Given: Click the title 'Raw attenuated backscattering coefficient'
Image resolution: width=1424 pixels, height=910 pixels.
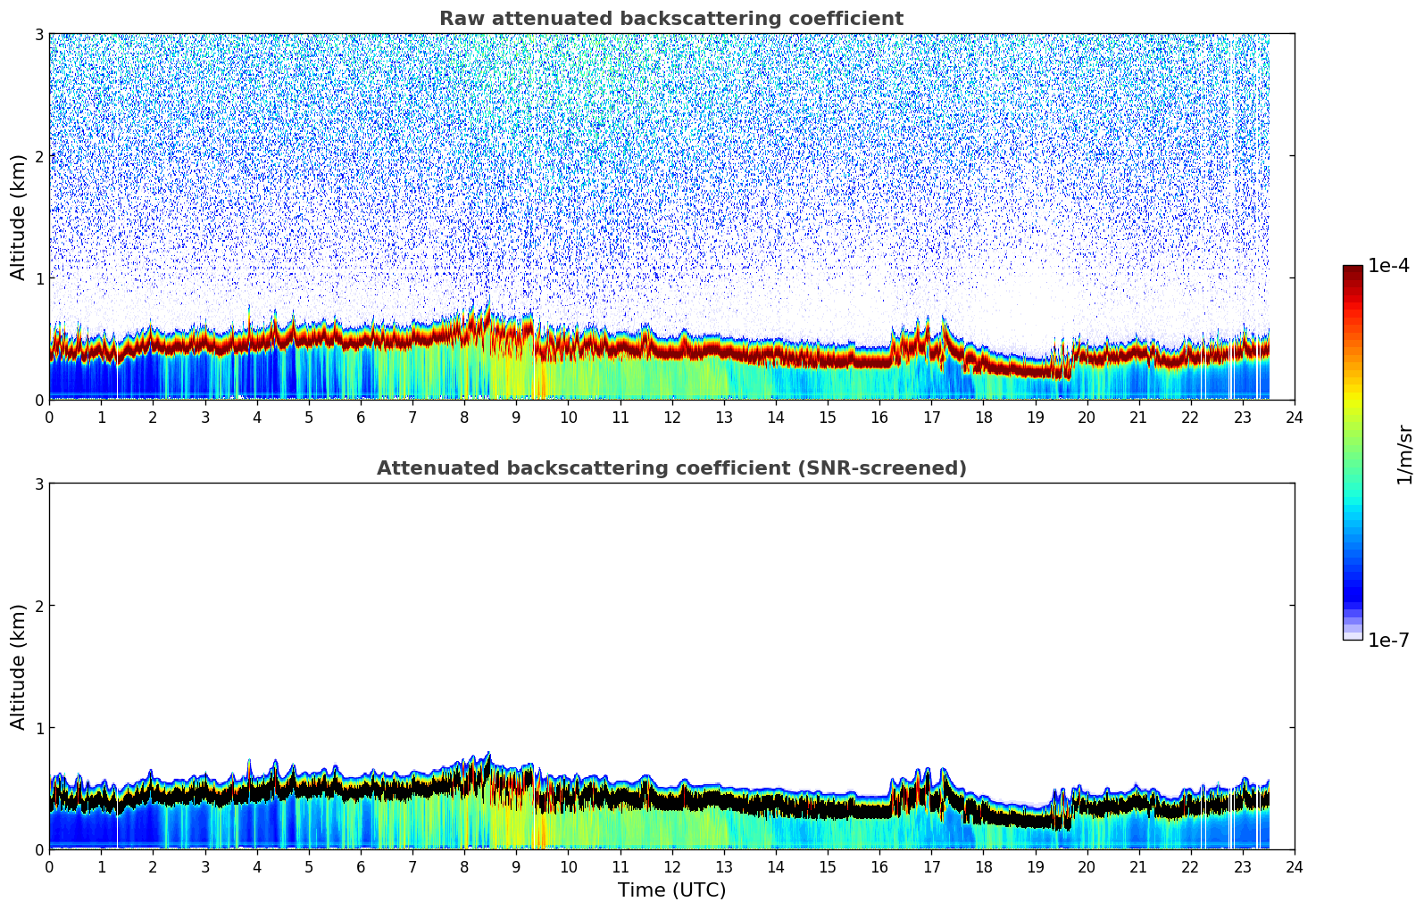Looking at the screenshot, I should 671,19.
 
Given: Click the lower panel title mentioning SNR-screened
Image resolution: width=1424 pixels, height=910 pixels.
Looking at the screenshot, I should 671,468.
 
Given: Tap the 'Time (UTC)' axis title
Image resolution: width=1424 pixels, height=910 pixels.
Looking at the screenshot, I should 671,890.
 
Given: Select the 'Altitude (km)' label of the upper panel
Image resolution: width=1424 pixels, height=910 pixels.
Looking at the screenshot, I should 19,217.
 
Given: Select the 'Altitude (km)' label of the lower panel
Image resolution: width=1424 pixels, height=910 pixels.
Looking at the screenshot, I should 19,666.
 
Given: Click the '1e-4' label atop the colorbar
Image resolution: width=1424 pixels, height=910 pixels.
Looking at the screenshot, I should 1388,266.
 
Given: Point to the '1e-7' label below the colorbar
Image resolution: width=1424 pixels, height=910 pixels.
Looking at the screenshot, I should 1388,641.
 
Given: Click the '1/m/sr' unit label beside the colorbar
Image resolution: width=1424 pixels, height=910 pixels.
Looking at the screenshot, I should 1404,455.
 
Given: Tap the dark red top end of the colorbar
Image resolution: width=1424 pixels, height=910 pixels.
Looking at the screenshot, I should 1353,269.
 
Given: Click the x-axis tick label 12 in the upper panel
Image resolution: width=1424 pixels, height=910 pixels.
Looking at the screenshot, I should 671,418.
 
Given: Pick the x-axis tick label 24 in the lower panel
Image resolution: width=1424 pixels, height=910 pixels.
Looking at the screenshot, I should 1295,867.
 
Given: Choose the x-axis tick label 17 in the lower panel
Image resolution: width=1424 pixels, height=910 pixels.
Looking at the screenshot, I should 931,867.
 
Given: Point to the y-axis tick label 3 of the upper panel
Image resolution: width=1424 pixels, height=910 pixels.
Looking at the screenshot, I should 38,34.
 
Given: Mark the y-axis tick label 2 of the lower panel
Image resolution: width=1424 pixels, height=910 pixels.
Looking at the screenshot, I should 38,606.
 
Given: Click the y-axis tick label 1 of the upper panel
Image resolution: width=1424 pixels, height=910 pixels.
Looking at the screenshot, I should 38,278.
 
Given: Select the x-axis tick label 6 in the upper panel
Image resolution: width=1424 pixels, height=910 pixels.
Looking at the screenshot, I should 361,418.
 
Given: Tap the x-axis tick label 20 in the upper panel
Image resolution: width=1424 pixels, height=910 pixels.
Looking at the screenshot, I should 1087,418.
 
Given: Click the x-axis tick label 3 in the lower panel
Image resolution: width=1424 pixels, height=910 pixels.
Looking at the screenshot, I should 204,867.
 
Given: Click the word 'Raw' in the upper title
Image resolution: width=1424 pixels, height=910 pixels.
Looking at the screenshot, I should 458,19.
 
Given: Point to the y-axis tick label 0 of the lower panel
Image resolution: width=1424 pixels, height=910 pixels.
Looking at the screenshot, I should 38,850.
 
